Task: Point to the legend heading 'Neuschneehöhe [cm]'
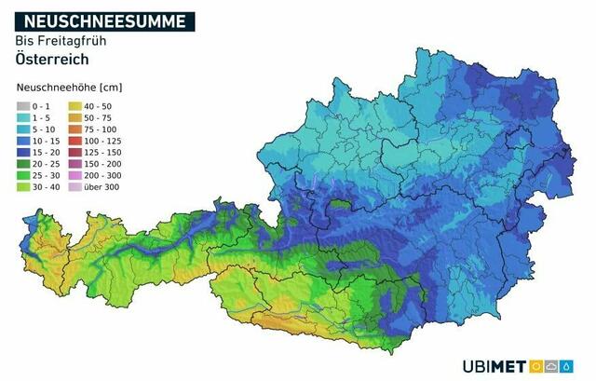[x=70, y=88]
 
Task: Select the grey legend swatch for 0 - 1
[x=24, y=105]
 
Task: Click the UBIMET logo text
[x=494, y=366]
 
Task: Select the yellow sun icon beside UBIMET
[x=537, y=366]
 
